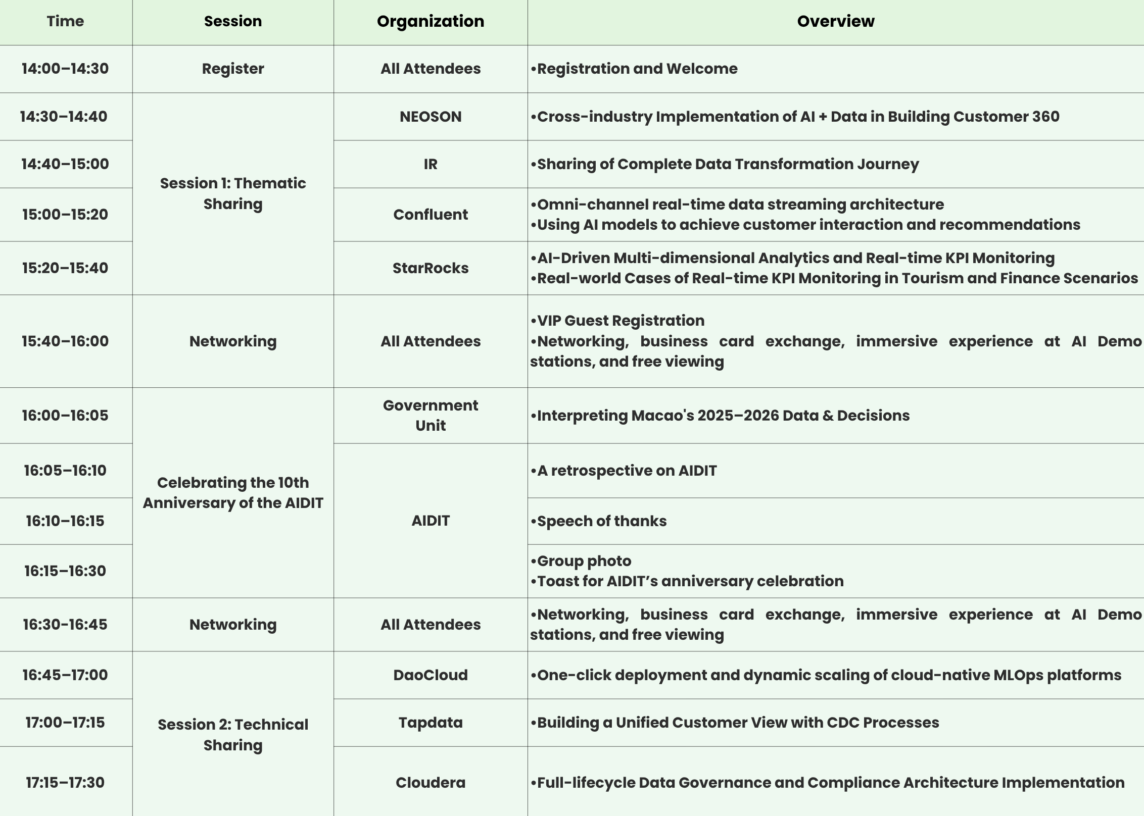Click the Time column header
[x=65, y=21]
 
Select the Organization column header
[x=431, y=21]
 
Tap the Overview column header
[x=835, y=21]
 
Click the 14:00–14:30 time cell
[x=65, y=69]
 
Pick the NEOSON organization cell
[x=431, y=117]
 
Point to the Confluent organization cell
[x=431, y=215]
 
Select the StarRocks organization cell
[x=431, y=268]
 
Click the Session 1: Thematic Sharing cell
[x=233, y=193]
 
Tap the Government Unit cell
[x=431, y=415]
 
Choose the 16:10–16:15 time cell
[x=65, y=521]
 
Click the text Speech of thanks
[x=601, y=521]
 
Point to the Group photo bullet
[x=584, y=561]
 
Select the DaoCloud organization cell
[x=431, y=675]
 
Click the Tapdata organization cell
[x=431, y=723]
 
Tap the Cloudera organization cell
[x=431, y=783]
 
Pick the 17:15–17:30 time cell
[x=65, y=783]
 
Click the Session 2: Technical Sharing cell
[x=233, y=735]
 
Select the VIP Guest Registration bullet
[x=620, y=321]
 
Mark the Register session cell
[x=233, y=69]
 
